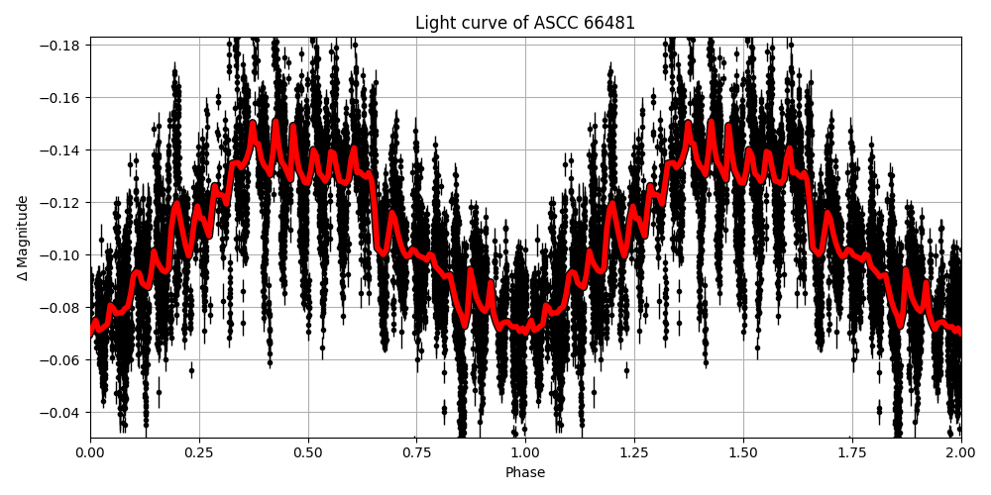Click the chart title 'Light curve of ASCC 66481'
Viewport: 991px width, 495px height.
(x=525, y=23)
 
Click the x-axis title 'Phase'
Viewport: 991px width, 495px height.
(x=525, y=473)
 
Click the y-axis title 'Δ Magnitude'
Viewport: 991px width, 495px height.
(x=23, y=238)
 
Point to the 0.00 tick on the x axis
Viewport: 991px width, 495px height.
(x=90, y=452)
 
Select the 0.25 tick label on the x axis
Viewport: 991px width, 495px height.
(x=199, y=452)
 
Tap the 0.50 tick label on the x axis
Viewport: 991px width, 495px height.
(x=308, y=452)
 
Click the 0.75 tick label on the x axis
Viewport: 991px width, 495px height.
(x=416, y=452)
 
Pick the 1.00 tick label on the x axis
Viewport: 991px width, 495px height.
(x=525, y=452)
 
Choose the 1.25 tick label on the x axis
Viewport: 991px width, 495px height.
(x=634, y=452)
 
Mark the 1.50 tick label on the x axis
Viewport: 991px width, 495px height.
(x=743, y=452)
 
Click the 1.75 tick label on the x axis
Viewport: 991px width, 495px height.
(x=852, y=452)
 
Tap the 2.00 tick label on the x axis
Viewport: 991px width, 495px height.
(x=961, y=452)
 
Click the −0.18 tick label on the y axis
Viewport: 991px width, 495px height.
(x=63, y=46)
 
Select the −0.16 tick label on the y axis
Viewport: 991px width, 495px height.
(x=63, y=98)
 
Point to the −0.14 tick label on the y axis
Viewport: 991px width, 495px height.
(x=63, y=150)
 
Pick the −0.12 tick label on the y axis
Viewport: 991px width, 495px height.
(x=63, y=203)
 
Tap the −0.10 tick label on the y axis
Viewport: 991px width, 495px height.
(x=63, y=255)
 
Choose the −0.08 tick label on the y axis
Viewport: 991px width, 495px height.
(x=63, y=308)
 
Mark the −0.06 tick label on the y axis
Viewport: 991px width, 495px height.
(x=63, y=360)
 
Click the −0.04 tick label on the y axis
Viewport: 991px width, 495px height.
(x=63, y=413)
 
